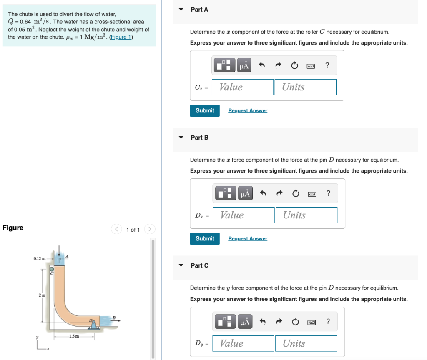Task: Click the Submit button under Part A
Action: point(205,110)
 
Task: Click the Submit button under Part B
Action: point(205,238)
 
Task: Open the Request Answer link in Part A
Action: point(248,110)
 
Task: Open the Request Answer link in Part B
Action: point(248,238)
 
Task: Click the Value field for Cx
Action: point(243,87)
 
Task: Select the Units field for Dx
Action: point(306,215)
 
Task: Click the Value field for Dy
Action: point(243,343)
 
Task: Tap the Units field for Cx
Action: point(305,87)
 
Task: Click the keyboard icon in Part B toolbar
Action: point(311,194)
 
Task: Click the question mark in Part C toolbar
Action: point(328,321)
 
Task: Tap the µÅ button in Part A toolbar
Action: point(244,65)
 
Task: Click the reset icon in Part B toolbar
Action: point(296,194)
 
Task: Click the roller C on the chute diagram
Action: point(52,270)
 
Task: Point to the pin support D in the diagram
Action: point(94,323)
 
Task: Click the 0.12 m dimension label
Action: point(40,259)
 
